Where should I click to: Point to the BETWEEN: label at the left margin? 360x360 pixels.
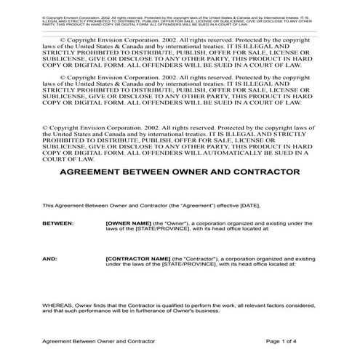point(58,244)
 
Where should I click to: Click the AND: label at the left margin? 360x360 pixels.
point(50,279)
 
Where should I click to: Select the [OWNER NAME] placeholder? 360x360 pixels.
point(128,244)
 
